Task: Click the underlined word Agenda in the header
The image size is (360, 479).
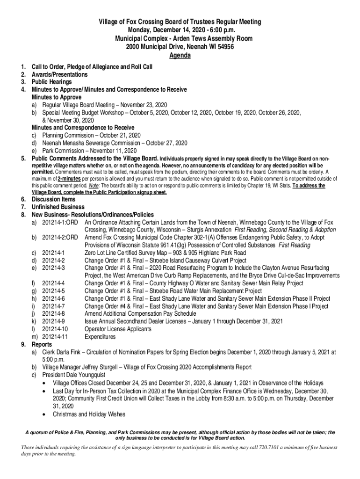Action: (x=180, y=55)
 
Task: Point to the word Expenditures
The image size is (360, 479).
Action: (x=100, y=337)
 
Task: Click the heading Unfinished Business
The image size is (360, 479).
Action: (x=58, y=207)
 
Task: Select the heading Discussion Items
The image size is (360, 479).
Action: (x=54, y=200)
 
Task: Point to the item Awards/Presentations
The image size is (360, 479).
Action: (x=59, y=75)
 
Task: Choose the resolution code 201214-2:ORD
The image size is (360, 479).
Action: (x=60, y=238)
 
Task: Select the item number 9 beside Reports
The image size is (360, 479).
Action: (x=23, y=344)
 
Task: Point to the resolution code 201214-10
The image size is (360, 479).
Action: (x=55, y=329)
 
